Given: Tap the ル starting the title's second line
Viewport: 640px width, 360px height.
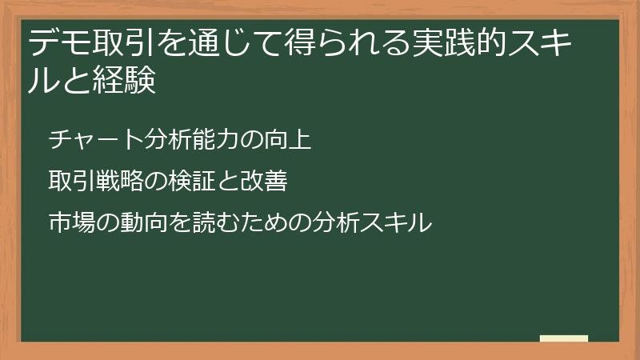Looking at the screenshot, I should (x=42, y=81).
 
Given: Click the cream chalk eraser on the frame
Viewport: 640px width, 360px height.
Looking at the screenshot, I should (x=563, y=338).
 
